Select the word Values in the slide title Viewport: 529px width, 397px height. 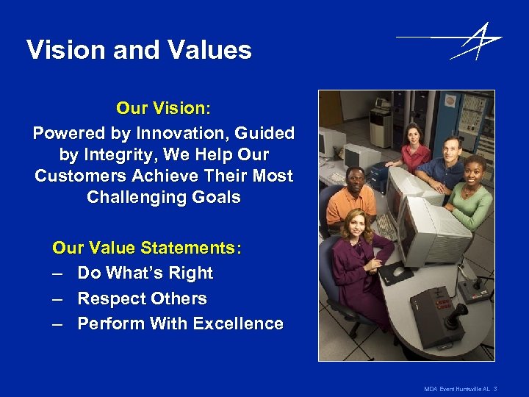click(x=208, y=50)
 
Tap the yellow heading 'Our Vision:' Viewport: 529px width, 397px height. click(x=163, y=108)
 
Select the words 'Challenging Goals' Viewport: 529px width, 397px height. click(x=163, y=198)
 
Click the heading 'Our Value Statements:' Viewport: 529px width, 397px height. click(x=147, y=248)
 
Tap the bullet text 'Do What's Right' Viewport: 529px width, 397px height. click(x=145, y=273)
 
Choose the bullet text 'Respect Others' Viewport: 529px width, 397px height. click(x=142, y=299)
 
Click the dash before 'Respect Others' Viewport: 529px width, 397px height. click(x=58, y=299)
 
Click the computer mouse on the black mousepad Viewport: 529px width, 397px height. click(x=397, y=271)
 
